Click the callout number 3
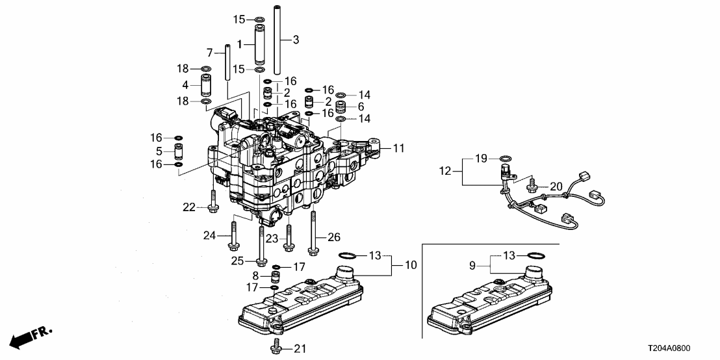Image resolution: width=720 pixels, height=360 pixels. click(x=296, y=40)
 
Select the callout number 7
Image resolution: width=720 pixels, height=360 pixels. click(x=209, y=52)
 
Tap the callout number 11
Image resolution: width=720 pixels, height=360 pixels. click(x=398, y=148)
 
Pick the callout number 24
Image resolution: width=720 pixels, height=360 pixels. click(x=209, y=235)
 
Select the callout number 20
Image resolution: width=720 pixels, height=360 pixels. click(x=556, y=187)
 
